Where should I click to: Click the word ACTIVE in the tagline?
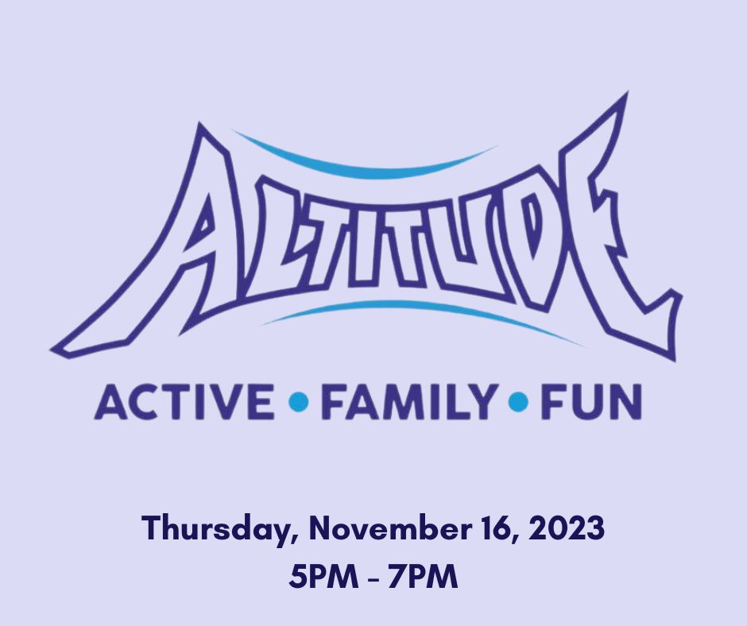[184, 403]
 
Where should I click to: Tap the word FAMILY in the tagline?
[408, 403]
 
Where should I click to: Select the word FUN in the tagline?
[591, 403]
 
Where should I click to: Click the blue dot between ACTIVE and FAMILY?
[299, 402]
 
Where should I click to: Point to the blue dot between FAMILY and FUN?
[518, 402]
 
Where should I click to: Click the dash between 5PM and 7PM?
[373, 578]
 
